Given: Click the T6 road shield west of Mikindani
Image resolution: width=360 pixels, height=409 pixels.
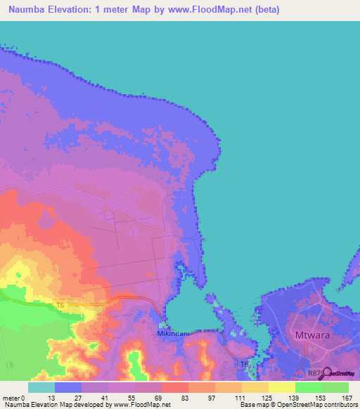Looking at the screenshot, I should coord(61,305).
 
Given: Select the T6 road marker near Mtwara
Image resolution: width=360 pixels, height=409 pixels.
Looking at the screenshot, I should coord(244,365).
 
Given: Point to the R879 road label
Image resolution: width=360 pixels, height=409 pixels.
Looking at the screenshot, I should coord(316,374).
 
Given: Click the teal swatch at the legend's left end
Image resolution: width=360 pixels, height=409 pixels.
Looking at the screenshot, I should coord(41,387).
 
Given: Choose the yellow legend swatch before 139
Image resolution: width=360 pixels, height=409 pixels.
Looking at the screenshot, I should coord(281,387).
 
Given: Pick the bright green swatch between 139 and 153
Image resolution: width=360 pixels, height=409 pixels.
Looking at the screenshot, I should coord(308,387).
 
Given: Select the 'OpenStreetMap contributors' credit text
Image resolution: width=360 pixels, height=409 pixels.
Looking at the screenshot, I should coord(312,405).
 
